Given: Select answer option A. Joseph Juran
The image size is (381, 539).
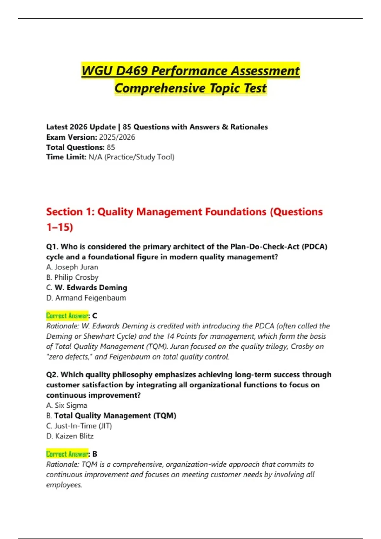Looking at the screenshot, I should pyautogui.click(x=72, y=267).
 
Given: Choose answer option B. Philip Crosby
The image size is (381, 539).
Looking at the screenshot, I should pyautogui.click(x=72, y=277).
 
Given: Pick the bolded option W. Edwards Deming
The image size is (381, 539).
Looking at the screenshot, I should pyautogui.click(x=90, y=288).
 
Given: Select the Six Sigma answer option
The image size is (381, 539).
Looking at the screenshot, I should pyautogui.click(x=67, y=405).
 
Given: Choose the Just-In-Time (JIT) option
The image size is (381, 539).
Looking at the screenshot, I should pyautogui.click(x=79, y=426).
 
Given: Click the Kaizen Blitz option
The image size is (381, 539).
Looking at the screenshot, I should pyautogui.click(x=70, y=436).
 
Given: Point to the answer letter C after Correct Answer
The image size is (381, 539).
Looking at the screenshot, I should pyautogui.click(x=95, y=316).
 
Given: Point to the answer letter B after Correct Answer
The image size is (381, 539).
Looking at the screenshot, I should pyautogui.click(x=95, y=454).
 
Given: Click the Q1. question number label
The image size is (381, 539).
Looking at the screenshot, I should pyautogui.click(x=52, y=247).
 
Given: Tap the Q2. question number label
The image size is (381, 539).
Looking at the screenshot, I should pyautogui.click(x=52, y=375).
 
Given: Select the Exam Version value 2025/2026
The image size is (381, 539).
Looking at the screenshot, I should pyautogui.click(x=117, y=137).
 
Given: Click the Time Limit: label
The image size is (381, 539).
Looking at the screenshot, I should pyautogui.click(x=66, y=157).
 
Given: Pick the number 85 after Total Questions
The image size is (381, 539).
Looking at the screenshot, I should pyautogui.click(x=111, y=147).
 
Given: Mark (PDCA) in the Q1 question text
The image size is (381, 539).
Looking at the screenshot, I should pyautogui.click(x=314, y=247).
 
